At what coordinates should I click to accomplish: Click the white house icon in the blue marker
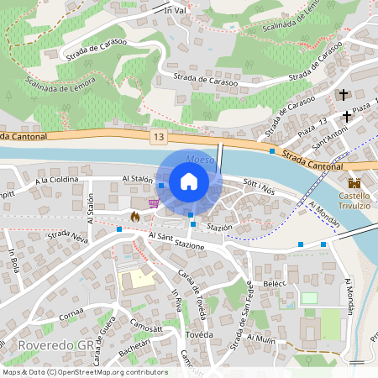189,181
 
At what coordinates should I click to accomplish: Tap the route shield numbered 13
158,135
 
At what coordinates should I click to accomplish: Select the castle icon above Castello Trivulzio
354,183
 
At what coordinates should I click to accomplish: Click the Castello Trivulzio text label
354,201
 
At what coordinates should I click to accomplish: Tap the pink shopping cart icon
153,202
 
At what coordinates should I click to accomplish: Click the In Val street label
174,10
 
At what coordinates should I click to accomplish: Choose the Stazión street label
218,228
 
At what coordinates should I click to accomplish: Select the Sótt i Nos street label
259,184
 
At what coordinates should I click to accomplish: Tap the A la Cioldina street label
56,180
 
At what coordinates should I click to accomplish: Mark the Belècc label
275,285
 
